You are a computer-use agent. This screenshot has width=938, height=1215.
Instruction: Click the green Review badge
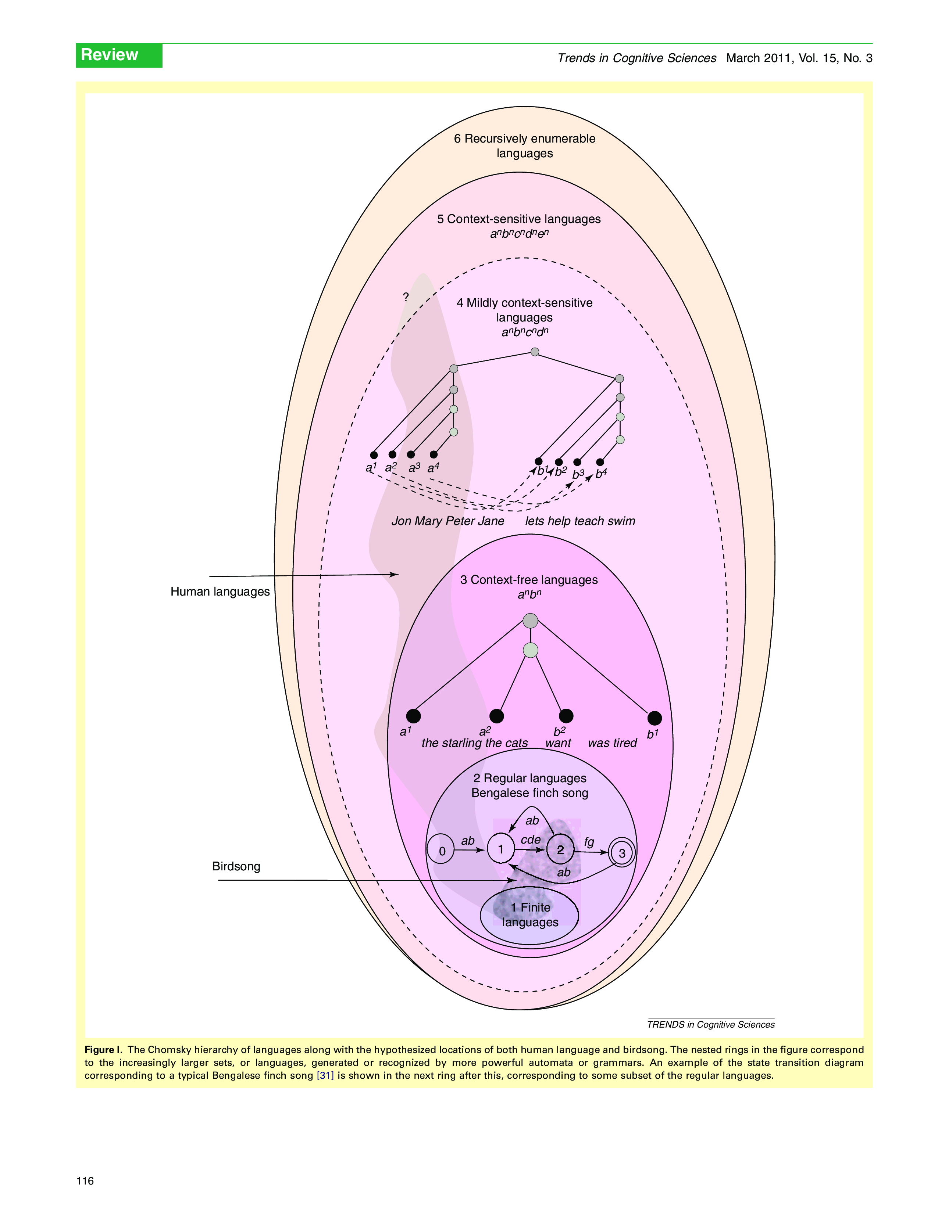(118, 55)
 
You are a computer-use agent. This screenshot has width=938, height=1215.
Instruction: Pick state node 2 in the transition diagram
(560, 849)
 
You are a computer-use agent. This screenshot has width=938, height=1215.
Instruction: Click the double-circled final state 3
(622, 853)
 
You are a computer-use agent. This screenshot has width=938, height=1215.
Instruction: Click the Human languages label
(220, 592)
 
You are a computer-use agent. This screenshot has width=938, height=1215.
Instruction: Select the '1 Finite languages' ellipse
(529, 915)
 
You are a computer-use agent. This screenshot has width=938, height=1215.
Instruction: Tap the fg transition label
(589, 842)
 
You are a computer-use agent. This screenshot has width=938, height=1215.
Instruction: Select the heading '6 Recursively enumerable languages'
(524, 146)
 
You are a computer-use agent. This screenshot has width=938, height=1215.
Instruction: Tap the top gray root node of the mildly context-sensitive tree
(534, 352)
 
